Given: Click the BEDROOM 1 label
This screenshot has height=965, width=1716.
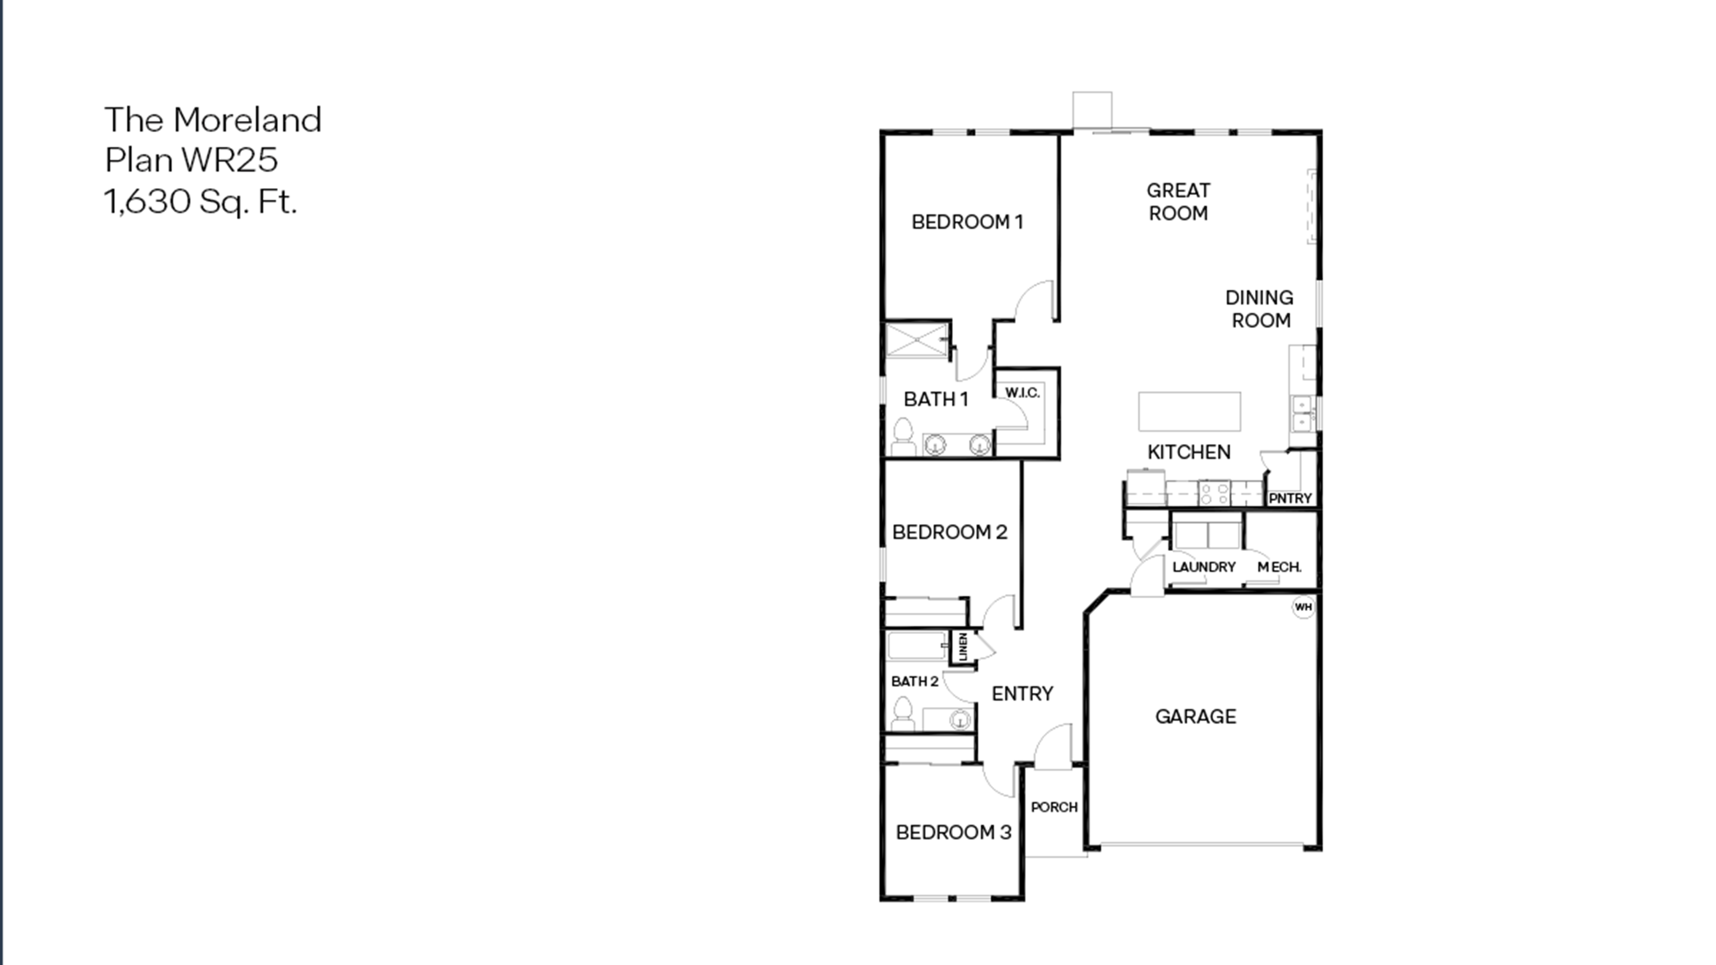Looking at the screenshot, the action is coord(967,222).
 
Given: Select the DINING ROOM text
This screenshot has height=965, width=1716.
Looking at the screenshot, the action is coord(1260,309).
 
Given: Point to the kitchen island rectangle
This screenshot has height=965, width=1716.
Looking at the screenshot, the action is coord(1189,411).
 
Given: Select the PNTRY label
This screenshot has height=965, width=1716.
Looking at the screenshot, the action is coord(1290,498).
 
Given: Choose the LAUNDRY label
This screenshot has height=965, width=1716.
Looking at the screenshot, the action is coord(1204,567).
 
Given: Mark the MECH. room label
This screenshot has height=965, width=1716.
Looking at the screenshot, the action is coord(1279,567).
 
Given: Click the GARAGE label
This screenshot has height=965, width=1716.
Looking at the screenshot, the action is coord(1196,717).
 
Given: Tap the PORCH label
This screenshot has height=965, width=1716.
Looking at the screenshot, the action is coord(1054,807).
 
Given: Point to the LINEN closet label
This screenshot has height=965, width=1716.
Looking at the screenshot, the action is coord(963,647).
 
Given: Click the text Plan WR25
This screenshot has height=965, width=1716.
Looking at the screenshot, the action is coord(191,160).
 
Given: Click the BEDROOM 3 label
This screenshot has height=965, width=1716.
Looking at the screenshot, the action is coord(953,832).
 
